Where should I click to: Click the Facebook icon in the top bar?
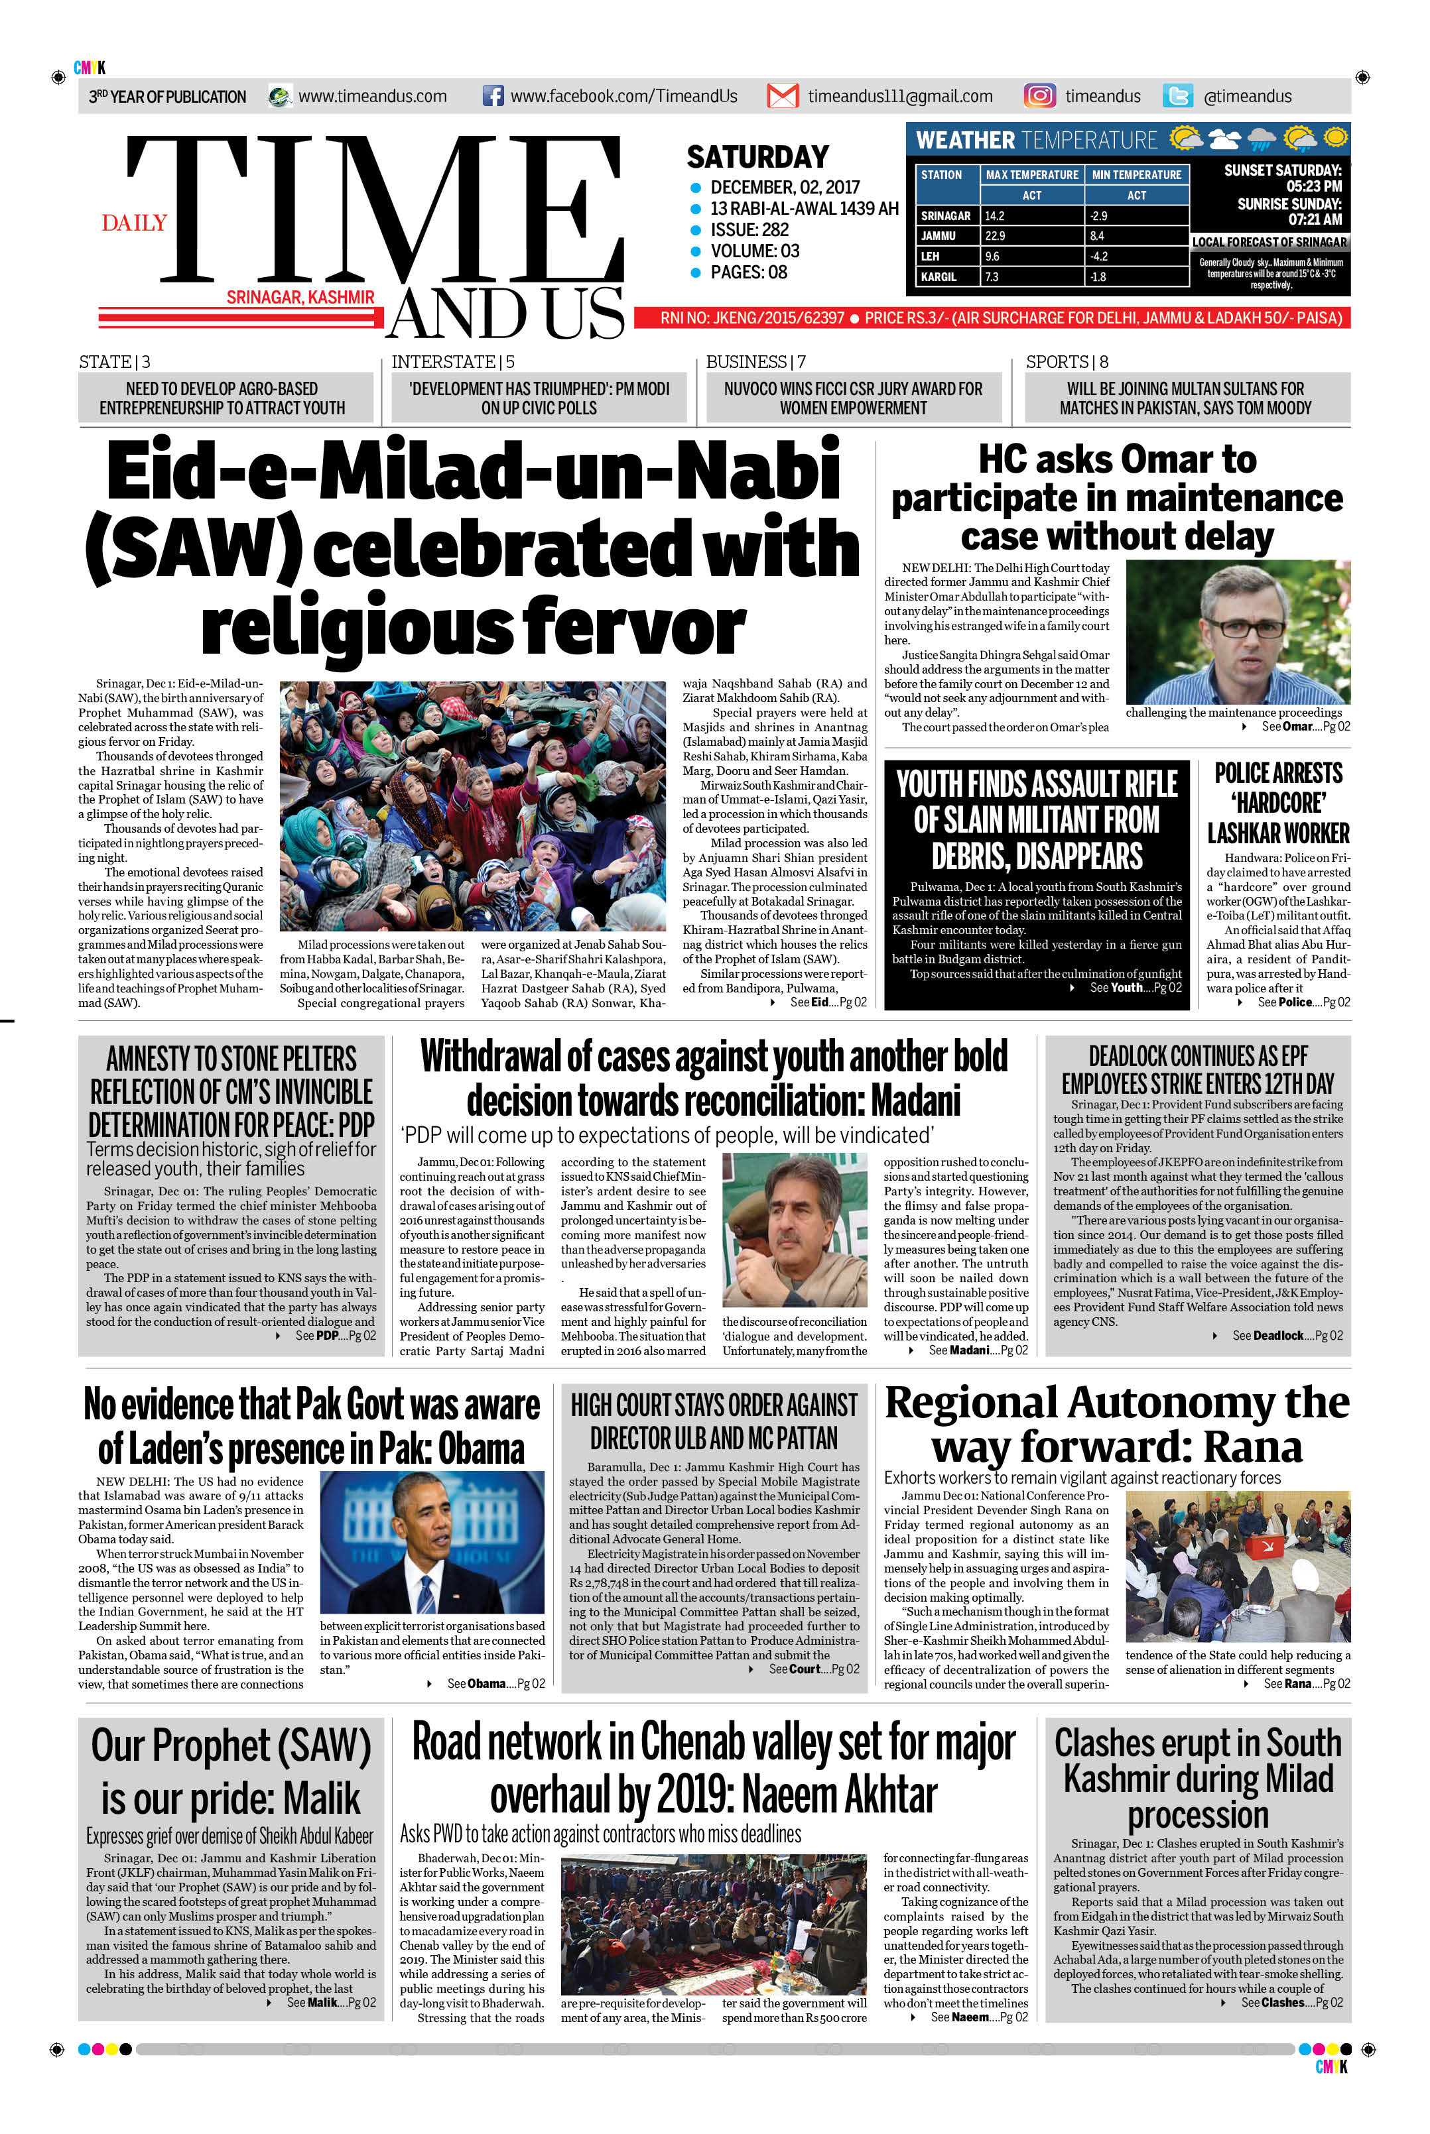pos(492,95)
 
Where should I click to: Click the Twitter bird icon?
pos(1177,95)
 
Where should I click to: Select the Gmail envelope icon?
pos(783,95)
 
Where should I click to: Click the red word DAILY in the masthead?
pos(134,223)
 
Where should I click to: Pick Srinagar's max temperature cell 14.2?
pos(995,216)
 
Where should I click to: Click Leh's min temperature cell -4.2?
pos(1098,256)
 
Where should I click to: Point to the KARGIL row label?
pos(939,276)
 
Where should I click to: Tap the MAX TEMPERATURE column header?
pos(1031,174)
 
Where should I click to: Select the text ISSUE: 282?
pos(749,230)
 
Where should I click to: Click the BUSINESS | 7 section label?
pos(755,362)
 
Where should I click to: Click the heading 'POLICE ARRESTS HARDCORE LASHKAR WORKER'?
pos(1277,802)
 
